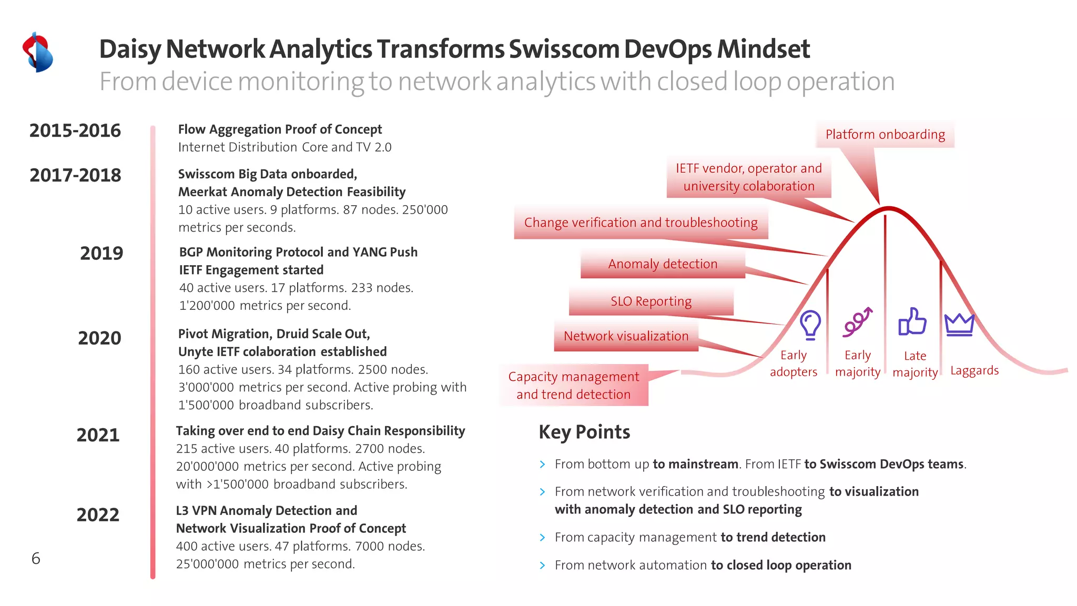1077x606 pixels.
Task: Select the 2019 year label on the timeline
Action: (x=101, y=254)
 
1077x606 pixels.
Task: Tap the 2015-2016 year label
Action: (x=75, y=130)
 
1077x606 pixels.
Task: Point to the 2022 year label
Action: (x=98, y=514)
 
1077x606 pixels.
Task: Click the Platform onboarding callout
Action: (x=885, y=135)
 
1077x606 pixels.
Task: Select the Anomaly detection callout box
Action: (x=663, y=264)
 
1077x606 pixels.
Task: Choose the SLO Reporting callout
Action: (x=651, y=301)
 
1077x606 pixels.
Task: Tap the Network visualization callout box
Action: (x=626, y=336)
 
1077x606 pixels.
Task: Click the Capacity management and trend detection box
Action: (x=573, y=386)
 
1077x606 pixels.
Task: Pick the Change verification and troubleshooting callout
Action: (x=641, y=223)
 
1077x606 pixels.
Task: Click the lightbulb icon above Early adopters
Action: (x=810, y=324)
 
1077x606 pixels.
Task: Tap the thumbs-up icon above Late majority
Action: (x=912, y=321)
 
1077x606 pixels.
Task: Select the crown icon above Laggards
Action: (x=959, y=325)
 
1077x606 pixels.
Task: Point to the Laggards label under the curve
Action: (x=974, y=371)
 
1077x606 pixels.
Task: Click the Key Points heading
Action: (x=584, y=432)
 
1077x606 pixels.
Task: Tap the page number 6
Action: (x=36, y=559)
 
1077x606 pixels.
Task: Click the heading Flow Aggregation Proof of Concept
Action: (x=280, y=129)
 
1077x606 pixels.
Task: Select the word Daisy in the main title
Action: (x=130, y=49)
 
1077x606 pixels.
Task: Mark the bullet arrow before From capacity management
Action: (x=542, y=538)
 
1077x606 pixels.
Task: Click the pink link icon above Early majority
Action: (x=857, y=321)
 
